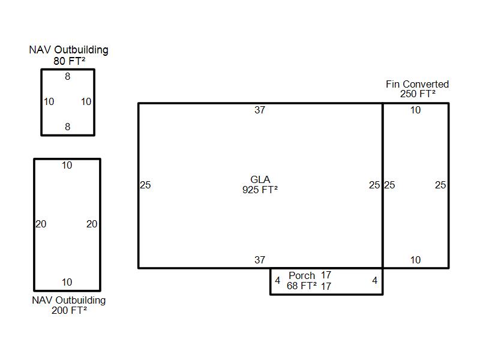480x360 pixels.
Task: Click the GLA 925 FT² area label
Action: [260, 185]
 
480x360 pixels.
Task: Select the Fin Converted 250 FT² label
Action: [417, 89]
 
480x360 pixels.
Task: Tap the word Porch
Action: [302, 275]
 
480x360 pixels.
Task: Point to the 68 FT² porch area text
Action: [302, 286]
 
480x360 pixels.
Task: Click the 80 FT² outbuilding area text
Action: [69, 61]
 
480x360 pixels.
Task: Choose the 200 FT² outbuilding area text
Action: [69, 310]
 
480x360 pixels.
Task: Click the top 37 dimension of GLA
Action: [260, 110]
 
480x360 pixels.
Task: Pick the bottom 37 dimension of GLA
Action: [260, 260]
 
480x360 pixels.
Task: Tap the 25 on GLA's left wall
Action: [145, 185]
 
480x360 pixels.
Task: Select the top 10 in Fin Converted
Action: [415, 110]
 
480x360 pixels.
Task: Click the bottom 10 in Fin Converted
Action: [415, 260]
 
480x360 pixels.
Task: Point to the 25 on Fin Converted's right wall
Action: [440, 185]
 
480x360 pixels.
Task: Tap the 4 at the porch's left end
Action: [277, 280]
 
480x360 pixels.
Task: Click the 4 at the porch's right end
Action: [374, 280]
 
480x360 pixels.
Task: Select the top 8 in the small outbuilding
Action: [68, 76]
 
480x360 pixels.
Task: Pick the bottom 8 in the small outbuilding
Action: [68, 127]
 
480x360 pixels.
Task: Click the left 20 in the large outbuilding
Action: [41, 224]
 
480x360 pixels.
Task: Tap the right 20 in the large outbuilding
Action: [92, 224]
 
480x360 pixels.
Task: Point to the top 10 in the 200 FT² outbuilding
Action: [67, 166]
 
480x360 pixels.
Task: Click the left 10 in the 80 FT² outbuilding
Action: [49, 101]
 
